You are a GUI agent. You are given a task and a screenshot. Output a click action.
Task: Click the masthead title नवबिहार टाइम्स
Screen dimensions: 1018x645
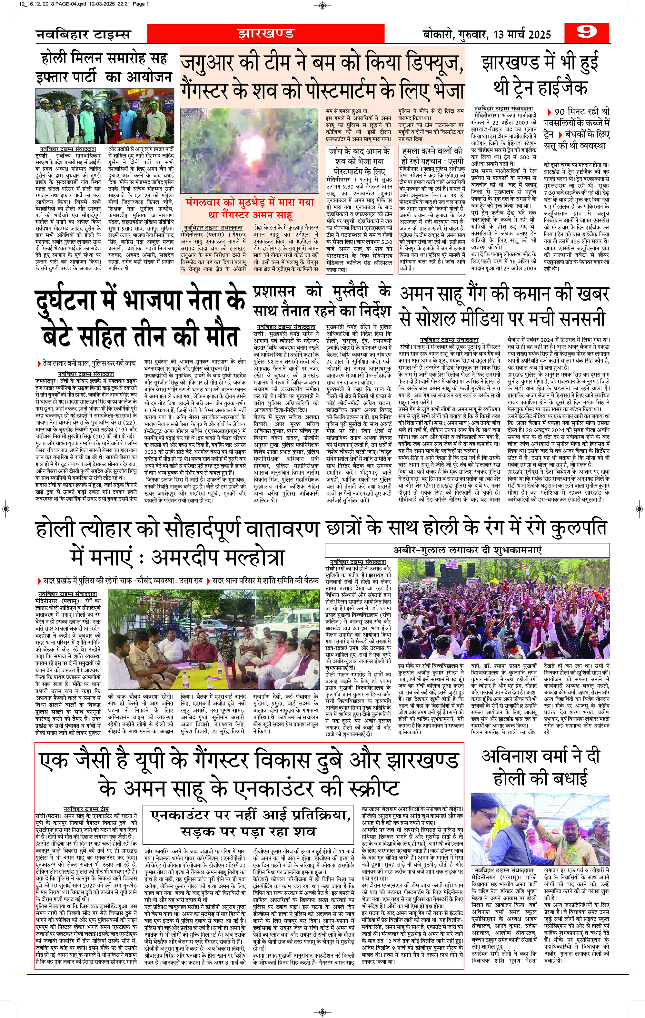tap(83, 34)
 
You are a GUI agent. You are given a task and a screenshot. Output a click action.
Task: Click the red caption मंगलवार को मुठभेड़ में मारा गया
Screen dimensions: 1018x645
tap(250, 202)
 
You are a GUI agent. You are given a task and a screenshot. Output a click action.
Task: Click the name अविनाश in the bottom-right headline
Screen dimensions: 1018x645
tap(511, 756)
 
